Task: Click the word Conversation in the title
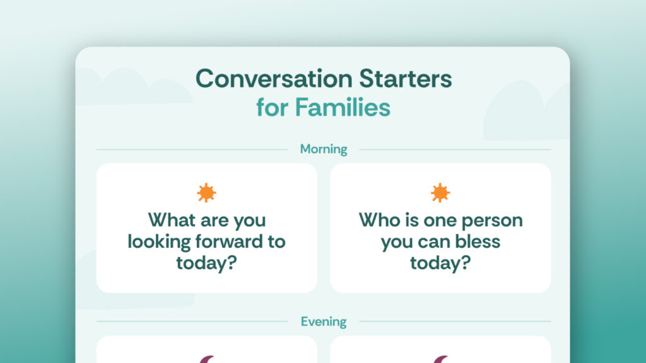click(x=274, y=78)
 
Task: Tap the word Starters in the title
click(x=406, y=78)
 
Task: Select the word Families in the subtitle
click(x=343, y=107)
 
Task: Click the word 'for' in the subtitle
click(x=272, y=107)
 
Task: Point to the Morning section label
click(x=324, y=149)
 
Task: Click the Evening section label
click(x=324, y=321)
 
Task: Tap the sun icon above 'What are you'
click(x=206, y=193)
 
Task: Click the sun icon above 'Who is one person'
click(x=440, y=193)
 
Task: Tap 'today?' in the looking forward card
click(x=206, y=263)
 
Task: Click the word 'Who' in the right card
click(x=379, y=220)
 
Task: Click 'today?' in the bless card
click(x=440, y=263)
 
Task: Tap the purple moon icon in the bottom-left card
click(x=207, y=359)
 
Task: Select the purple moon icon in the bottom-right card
click(x=441, y=359)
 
